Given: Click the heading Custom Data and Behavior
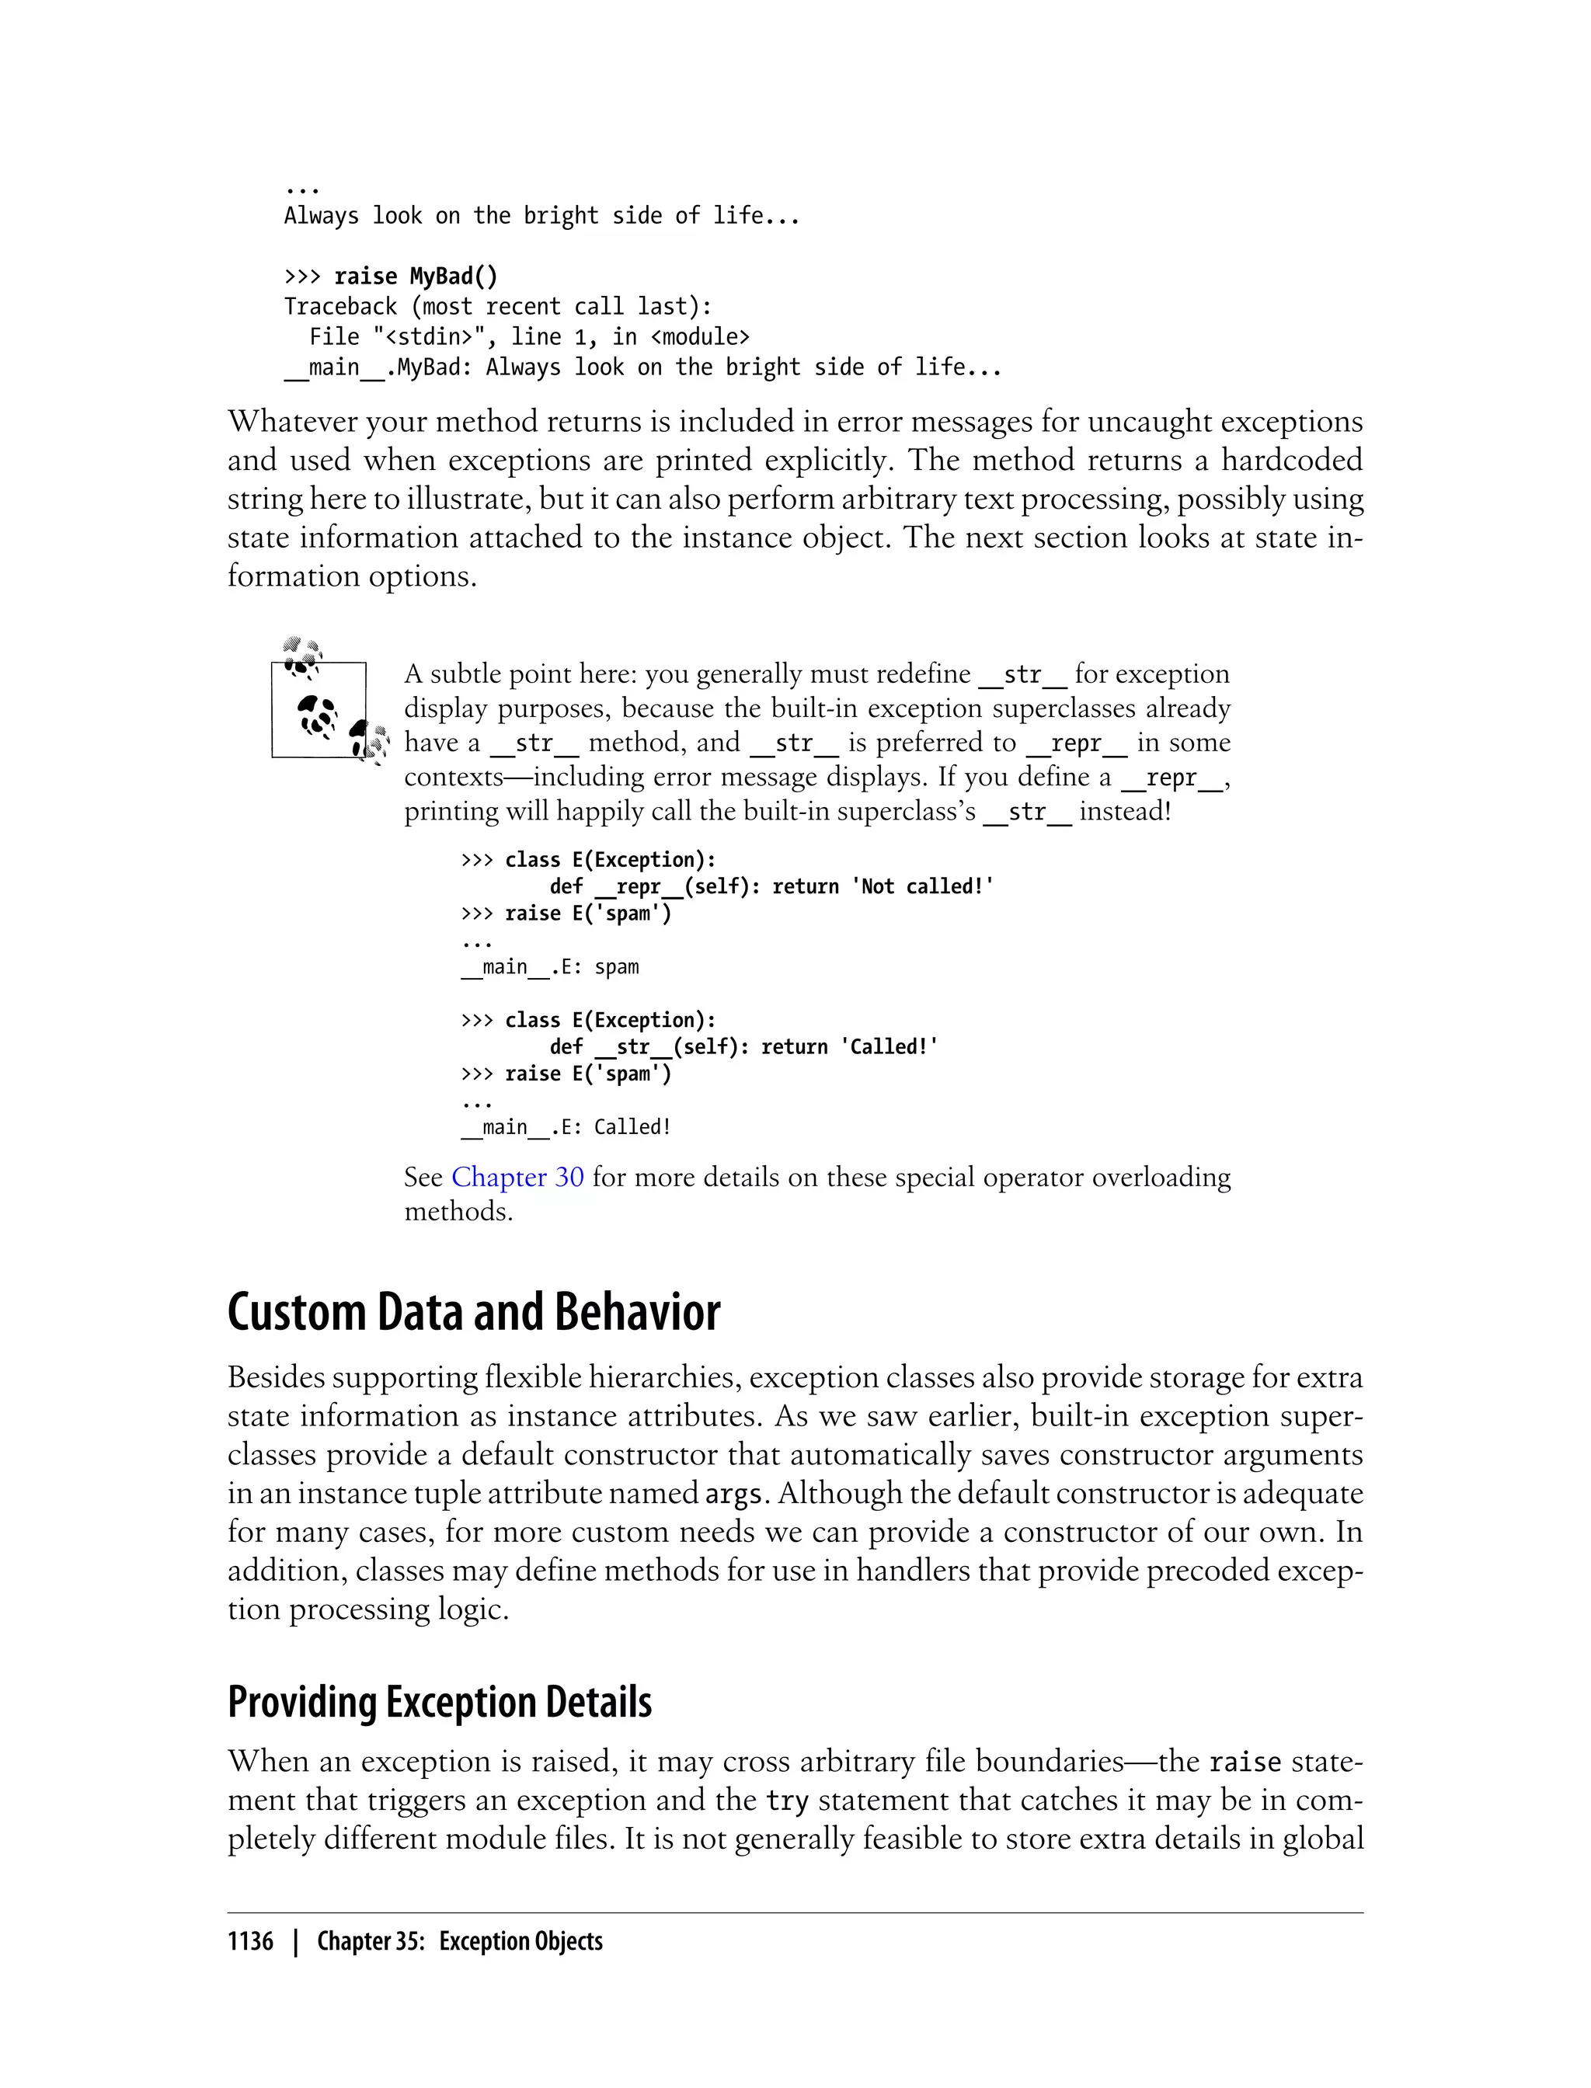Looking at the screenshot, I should [x=474, y=1313].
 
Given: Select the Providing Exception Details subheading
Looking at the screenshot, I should [x=440, y=1702].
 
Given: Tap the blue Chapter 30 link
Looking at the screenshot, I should [x=517, y=1177].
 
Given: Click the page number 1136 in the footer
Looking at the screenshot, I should [x=250, y=1941].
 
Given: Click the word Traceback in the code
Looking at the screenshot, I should [x=340, y=307].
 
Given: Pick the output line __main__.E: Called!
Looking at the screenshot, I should [x=566, y=1127].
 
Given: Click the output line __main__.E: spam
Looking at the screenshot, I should [x=549, y=967].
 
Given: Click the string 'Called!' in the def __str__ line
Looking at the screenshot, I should [x=888, y=1046].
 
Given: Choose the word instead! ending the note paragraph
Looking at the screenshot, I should [x=1125, y=812].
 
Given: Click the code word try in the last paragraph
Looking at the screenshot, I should [x=786, y=1800].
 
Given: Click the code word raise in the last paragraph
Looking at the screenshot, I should [x=1245, y=1763].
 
